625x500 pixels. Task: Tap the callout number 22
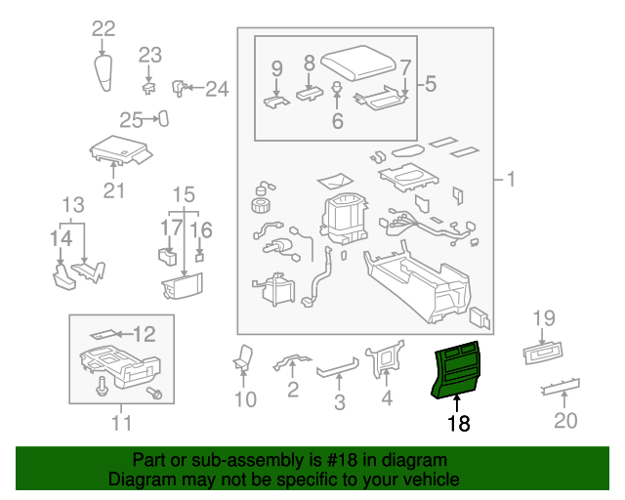pyautogui.click(x=104, y=29)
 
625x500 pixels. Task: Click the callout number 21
pyautogui.click(x=114, y=190)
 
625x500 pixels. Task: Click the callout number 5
pyautogui.click(x=431, y=85)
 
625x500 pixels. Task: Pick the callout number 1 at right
pyautogui.click(x=508, y=180)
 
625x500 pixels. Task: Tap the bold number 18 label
pyautogui.click(x=458, y=424)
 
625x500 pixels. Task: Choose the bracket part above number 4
pyautogui.click(x=385, y=361)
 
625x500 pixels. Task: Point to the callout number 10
pyautogui.click(x=244, y=399)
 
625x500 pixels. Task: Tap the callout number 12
pyautogui.click(x=144, y=335)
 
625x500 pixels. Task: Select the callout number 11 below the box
pyautogui.click(x=120, y=423)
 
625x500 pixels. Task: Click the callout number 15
pyautogui.click(x=184, y=193)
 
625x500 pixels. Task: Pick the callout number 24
pyautogui.click(x=216, y=90)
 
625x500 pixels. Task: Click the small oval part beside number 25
pyautogui.click(x=164, y=119)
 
